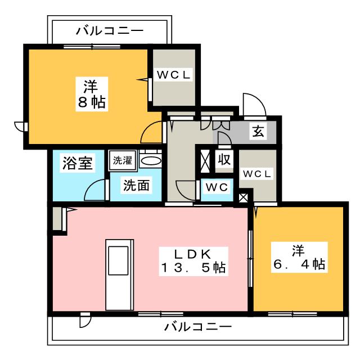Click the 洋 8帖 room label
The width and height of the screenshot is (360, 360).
tap(92, 94)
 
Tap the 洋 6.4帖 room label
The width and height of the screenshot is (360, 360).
tap(299, 257)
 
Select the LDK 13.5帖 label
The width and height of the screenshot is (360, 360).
tap(193, 261)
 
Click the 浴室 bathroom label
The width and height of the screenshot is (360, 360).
tap(78, 163)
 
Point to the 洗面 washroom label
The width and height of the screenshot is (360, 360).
tap(136, 186)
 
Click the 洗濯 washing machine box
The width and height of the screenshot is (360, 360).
tap(123, 160)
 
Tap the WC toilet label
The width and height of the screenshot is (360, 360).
tap(217, 187)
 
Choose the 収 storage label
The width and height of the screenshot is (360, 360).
tap(224, 159)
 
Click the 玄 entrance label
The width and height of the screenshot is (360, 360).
tap(258, 131)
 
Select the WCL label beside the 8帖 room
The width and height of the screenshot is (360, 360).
tap(174, 75)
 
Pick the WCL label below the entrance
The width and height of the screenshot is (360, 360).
tap(257, 174)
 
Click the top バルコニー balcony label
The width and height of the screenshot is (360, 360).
tap(110, 31)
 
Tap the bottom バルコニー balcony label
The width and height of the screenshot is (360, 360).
tap(198, 326)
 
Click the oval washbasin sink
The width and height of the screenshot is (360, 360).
tap(151, 161)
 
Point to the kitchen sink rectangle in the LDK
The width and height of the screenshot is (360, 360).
tap(118, 260)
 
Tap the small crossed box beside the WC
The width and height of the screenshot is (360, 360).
tap(244, 198)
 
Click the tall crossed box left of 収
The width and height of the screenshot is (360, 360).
tap(205, 161)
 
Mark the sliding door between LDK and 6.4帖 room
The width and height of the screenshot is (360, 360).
tap(251, 259)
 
